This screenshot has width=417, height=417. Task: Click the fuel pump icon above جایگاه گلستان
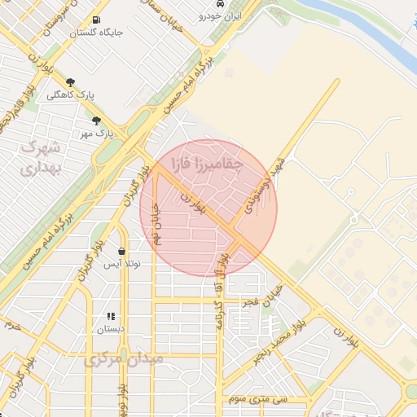(98, 20)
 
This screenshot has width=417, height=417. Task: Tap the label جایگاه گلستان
(97, 33)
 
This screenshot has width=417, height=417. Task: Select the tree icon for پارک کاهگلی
(71, 82)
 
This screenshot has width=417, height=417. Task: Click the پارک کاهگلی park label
(71, 95)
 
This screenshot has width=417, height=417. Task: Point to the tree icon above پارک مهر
(96, 121)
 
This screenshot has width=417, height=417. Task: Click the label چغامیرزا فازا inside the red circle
(207, 165)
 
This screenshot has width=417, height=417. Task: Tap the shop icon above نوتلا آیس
(121, 251)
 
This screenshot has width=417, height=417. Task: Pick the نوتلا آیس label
(121, 264)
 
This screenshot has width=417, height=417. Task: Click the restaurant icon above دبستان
(111, 316)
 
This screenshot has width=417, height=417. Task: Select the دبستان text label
(112, 329)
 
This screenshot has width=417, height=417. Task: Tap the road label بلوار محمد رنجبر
(282, 336)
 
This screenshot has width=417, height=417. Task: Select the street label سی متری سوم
(270, 399)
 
